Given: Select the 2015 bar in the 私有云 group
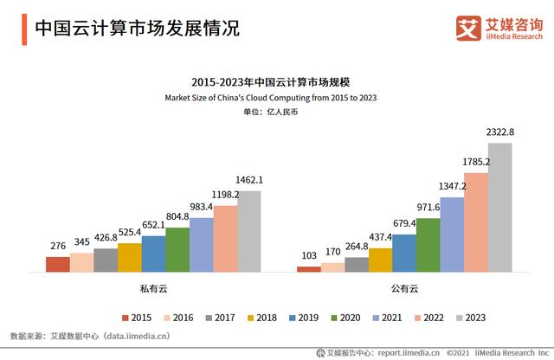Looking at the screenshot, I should click(58, 264).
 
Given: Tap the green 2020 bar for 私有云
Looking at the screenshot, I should click(177, 249).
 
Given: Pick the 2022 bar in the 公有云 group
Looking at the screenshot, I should click(476, 222).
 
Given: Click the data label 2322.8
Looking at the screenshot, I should click(500, 132).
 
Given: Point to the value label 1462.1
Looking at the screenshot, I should click(249, 180).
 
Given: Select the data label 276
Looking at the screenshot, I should click(57, 246).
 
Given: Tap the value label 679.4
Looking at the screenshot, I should click(404, 223).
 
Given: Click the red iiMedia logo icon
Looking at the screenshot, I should click(468, 27).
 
